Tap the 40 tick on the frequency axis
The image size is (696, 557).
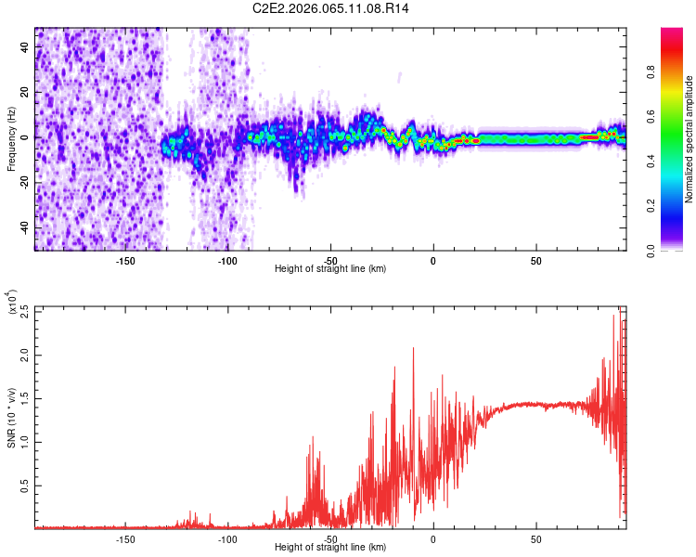(26, 46)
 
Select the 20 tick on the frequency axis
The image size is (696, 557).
(26, 92)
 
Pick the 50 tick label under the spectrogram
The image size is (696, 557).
(535, 259)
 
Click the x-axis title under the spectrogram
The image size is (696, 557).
(330, 269)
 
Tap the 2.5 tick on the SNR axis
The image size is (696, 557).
(24, 311)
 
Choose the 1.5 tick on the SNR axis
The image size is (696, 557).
(24, 398)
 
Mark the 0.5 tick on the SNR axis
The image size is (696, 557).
(24, 485)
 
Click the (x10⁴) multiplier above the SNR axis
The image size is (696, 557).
(12, 303)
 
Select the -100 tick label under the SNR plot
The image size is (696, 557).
(227, 538)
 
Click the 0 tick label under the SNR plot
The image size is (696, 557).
(433, 538)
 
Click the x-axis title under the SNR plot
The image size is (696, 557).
(330, 548)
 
